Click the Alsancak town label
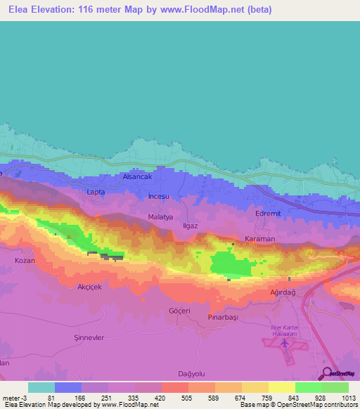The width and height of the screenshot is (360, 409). pyautogui.click(x=137, y=178)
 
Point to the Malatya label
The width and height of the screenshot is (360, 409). pyautogui.click(x=160, y=217)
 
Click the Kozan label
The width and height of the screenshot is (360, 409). pyautogui.click(x=25, y=260)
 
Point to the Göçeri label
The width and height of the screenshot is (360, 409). pyautogui.click(x=181, y=310)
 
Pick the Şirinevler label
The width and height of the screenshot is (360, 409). pyautogui.click(x=89, y=337)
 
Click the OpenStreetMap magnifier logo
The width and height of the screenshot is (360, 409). pyautogui.click(x=326, y=372)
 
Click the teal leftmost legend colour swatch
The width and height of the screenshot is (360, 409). pyautogui.click(x=41, y=387)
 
